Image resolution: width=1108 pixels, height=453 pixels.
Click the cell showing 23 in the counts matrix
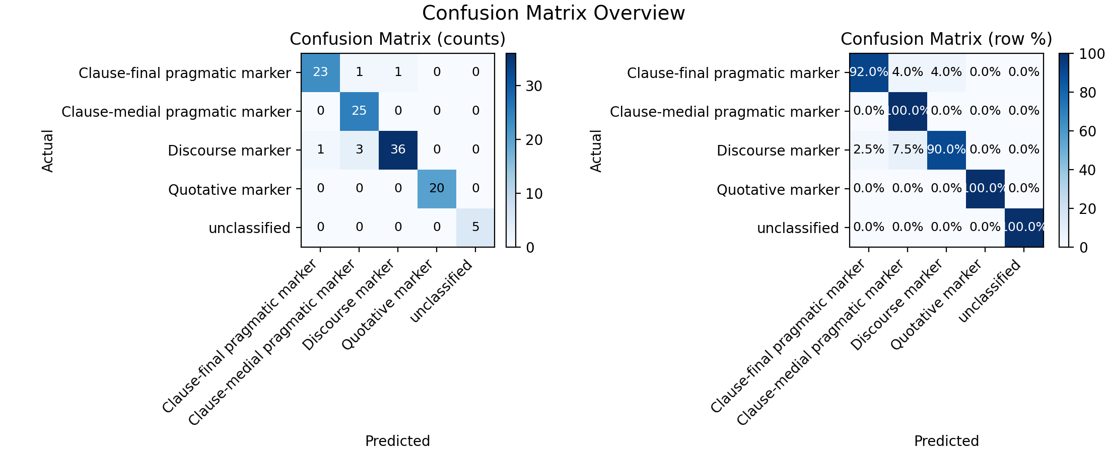320,72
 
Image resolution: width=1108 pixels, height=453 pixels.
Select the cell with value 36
398,150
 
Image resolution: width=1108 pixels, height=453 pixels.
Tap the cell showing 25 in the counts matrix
359,111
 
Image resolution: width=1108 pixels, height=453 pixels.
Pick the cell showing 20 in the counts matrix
437,189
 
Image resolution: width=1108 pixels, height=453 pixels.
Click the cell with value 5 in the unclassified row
475,228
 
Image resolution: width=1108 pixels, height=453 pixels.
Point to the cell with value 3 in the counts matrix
359,150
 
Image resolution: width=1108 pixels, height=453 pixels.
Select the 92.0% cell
869,72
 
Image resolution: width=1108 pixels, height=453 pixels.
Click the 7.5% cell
908,150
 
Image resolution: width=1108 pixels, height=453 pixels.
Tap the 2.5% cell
869,150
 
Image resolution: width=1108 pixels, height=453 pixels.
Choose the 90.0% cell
946,150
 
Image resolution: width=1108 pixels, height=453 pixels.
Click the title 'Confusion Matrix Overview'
553,14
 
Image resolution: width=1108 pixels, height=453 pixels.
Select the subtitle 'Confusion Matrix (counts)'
397,39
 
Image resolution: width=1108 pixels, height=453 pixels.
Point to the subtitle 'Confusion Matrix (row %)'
946,39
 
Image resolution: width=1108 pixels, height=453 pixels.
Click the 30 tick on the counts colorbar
534,86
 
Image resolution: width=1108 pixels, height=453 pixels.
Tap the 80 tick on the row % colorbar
1082,93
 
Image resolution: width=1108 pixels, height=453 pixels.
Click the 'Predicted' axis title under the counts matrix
397,441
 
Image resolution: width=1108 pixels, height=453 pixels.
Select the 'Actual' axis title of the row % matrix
596,150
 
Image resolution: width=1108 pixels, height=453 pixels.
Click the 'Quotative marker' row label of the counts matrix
230,190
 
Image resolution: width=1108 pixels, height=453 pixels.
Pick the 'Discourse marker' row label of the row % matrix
778,150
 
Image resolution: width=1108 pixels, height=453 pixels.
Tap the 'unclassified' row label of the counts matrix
250,228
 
